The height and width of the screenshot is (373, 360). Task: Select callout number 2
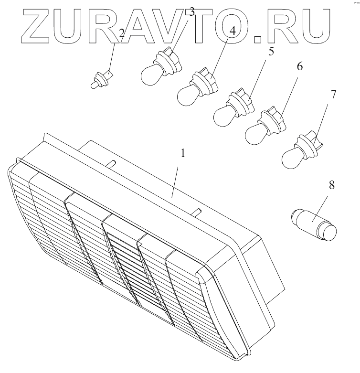[122, 33]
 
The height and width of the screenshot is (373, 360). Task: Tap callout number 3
[192, 12]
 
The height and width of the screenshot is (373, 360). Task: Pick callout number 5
[271, 52]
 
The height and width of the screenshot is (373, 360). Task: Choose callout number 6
[299, 67]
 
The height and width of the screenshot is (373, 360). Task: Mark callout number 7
[333, 94]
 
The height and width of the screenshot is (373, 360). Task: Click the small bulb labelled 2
[100, 79]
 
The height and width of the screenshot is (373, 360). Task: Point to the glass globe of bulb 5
[222, 116]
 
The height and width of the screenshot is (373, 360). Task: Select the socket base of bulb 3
[167, 62]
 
